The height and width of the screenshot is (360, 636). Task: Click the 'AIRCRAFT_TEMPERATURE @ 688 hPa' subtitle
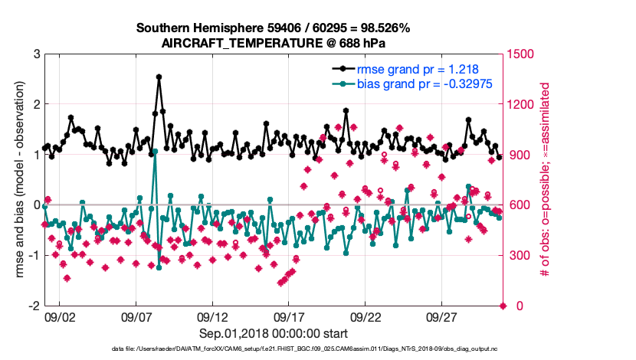tap(274, 44)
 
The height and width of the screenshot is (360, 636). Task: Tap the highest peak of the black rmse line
tap(159, 77)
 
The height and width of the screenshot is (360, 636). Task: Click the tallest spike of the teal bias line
tap(155, 152)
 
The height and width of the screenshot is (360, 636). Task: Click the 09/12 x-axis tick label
tap(213, 316)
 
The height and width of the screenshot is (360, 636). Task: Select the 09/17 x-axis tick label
tap(290, 316)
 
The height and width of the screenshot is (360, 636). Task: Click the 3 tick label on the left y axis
tap(35, 54)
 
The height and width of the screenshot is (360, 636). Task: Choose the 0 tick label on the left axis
tap(35, 205)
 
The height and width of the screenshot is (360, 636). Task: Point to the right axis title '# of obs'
tap(546, 179)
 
